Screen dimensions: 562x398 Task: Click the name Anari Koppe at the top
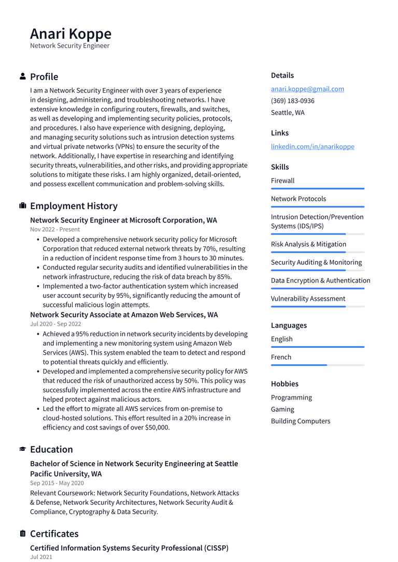[x=70, y=34]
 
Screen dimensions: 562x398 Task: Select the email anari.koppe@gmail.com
[x=307, y=89]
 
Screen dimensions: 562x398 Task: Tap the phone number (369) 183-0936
[x=292, y=101]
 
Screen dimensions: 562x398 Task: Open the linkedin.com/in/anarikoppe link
[x=312, y=146]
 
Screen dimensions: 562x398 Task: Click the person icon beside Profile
[x=23, y=77]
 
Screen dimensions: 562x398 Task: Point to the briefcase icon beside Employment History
[x=23, y=206]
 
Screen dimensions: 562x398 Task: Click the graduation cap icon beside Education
[x=23, y=449]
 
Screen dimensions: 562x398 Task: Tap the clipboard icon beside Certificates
[x=23, y=534]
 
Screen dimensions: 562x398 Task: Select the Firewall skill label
[x=282, y=181]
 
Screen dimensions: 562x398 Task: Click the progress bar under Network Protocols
[x=317, y=207]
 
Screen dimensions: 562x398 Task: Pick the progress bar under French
[x=317, y=365]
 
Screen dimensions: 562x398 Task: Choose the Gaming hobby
[x=282, y=409]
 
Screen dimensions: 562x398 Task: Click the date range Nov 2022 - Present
[x=55, y=229]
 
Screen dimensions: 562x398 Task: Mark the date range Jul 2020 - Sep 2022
[x=55, y=324]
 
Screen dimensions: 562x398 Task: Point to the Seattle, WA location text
[x=288, y=113]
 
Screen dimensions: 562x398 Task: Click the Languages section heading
[x=289, y=326]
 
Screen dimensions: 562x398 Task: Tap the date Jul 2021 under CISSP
[x=41, y=557]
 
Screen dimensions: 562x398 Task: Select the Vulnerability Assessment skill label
[x=308, y=299]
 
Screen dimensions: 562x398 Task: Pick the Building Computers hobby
[x=301, y=421]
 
